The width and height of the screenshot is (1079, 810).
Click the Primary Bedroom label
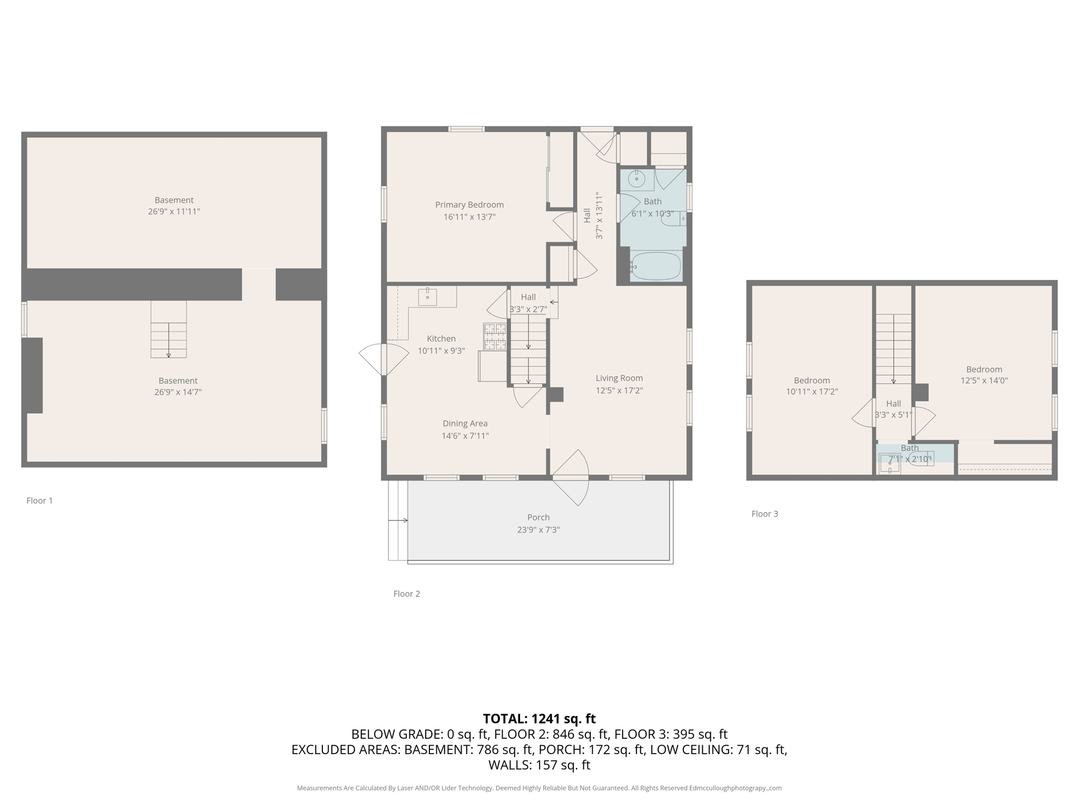(469, 205)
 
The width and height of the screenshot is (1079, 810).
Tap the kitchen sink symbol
(427, 297)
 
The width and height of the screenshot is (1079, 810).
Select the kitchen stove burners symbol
(495, 337)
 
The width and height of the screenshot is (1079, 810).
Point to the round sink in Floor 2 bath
(636, 179)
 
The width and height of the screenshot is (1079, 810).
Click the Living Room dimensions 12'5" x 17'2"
(619, 390)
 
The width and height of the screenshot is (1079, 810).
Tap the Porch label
(538, 517)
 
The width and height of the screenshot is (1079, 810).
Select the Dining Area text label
(465, 423)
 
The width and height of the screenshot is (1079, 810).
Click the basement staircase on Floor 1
(169, 330)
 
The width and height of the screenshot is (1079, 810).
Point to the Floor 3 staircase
(894, 348)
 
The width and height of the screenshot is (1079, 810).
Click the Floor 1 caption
(40, 500)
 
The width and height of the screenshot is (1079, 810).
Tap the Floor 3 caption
(764, 514)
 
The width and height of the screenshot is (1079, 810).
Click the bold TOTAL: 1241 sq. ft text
(539, 718)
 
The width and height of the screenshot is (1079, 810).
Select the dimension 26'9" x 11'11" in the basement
(174, 211)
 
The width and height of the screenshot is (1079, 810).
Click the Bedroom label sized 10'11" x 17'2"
(811, 380)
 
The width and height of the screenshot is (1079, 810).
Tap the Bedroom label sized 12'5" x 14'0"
(984, 369)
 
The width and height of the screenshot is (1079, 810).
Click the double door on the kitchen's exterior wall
(384, 360)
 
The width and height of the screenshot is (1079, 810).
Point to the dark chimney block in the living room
(555, 394)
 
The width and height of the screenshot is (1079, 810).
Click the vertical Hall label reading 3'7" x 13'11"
(593, 216)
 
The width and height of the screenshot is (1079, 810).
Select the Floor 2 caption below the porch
(406, 593)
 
